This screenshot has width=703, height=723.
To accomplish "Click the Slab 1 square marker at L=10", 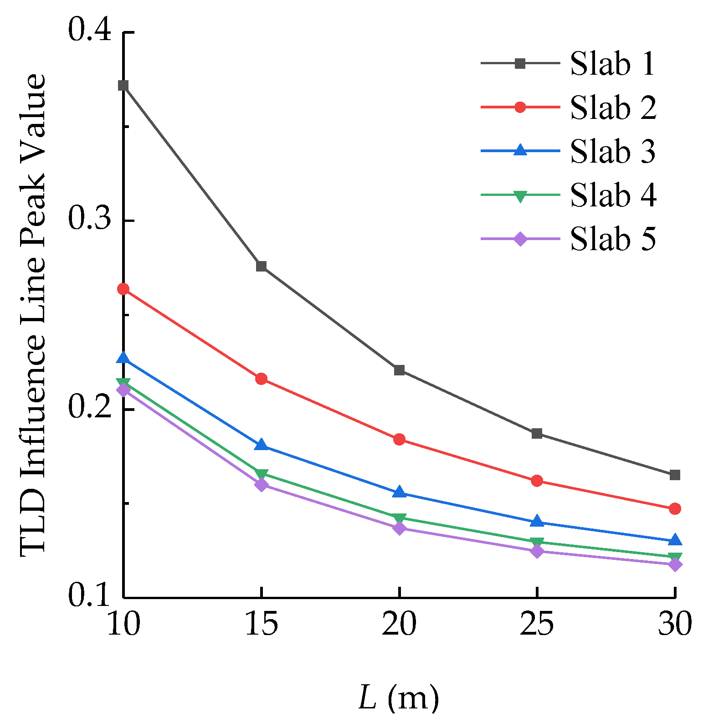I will click(x=123, y=86).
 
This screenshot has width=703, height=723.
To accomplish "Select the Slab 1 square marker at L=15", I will click(x=261, y=266).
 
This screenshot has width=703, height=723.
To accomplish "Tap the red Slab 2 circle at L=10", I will click(x=123, y=289).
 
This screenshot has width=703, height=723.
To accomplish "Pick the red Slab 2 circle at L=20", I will click(x=399, y=439).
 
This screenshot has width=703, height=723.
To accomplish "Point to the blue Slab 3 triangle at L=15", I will click(x=261, y=445).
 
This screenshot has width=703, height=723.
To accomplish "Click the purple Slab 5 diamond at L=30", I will click(x=675, y=564).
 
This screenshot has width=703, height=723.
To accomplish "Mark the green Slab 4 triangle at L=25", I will click(x=537, y=542).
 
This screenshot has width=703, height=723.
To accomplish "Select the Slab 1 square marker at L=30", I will click(x=675, y=475).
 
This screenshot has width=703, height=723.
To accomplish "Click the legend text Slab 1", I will click(x=612, y=64).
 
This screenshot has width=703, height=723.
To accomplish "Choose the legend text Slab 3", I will click(x=612, y=151).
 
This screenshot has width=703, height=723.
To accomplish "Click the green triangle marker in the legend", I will click(x=520, y=195).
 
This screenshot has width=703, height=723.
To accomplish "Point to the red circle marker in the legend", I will click(x=520, y=107).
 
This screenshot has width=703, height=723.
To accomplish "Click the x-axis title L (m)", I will click(x=399, y=697).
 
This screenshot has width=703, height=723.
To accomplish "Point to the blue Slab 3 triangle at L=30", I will click(x=675, y=540).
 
